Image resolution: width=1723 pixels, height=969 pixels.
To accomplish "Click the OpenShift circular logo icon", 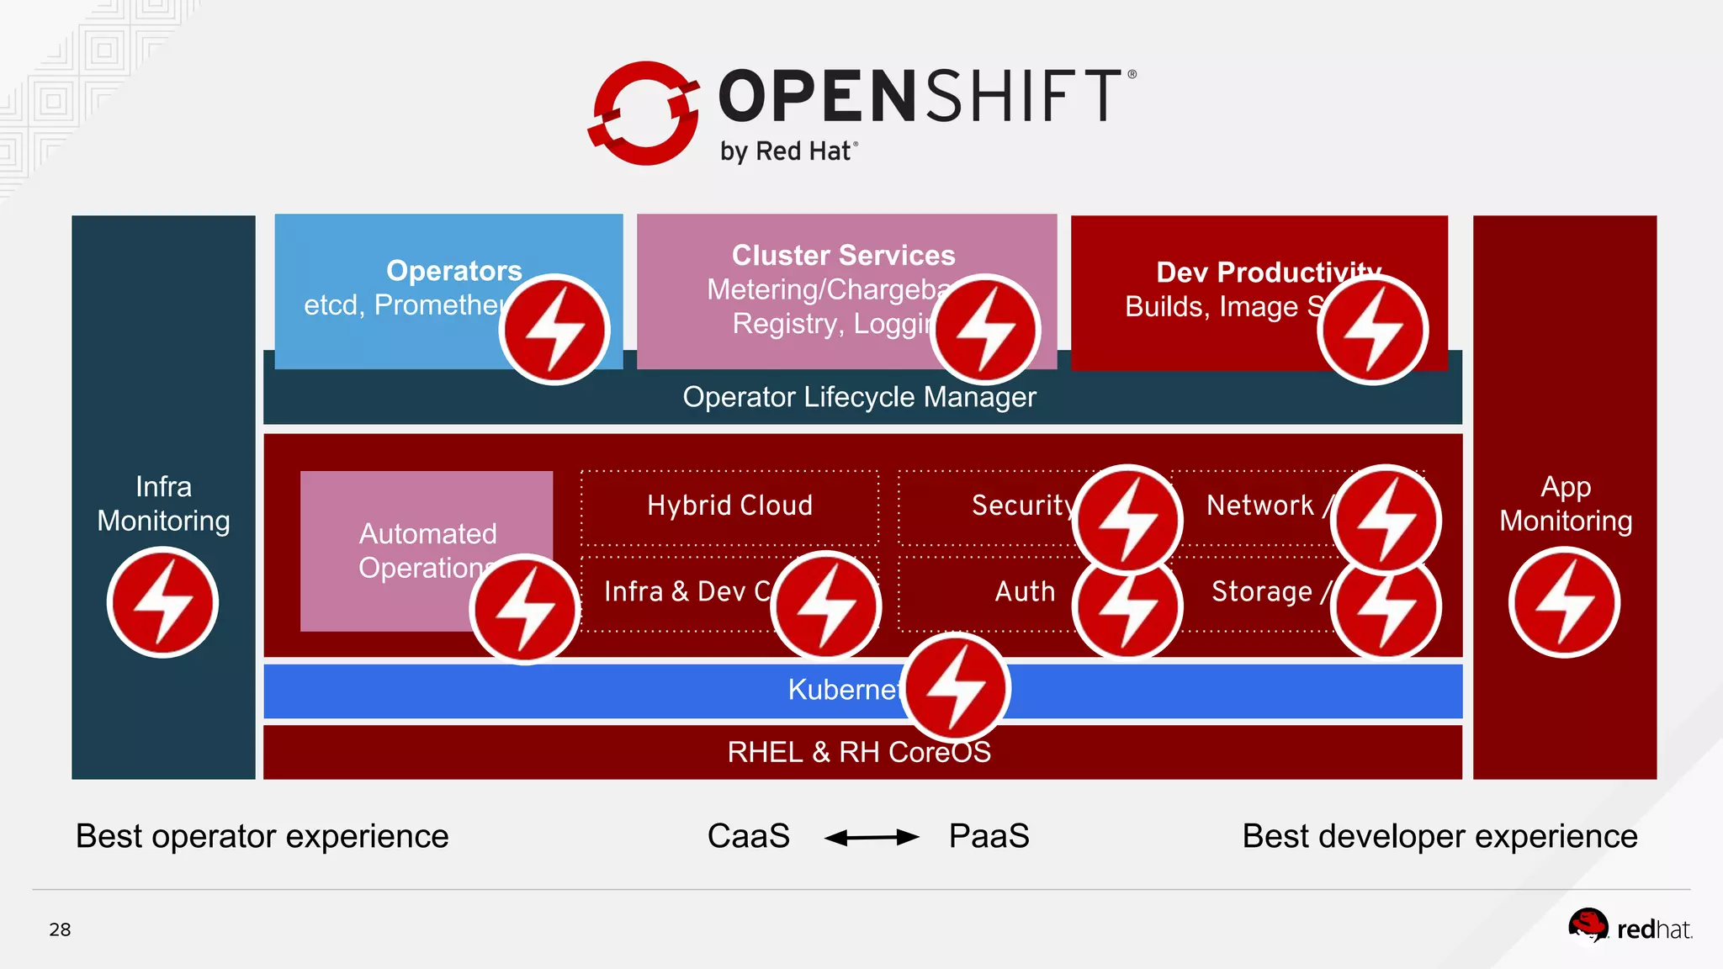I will coord(644,114).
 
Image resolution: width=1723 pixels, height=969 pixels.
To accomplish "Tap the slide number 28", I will coord(60,929).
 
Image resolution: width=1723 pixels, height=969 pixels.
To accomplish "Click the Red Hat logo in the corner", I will coord(1629,928).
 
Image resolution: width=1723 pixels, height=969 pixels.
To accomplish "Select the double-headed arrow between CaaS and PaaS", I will coord(871,837).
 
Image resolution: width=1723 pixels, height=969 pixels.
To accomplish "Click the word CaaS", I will coord(748,836).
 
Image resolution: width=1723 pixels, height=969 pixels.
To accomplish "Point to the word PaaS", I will coord(989,836).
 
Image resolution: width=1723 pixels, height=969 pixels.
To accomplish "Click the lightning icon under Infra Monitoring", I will coord(162,602).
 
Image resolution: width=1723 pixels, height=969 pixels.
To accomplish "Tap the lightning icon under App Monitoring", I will coord(1564,602).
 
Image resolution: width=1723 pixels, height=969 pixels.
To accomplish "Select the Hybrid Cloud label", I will coord(729,506).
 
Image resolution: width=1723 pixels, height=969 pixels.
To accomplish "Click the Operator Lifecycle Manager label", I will coord(859,397).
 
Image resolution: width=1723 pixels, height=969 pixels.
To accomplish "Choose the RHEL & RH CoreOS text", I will coord(859,752).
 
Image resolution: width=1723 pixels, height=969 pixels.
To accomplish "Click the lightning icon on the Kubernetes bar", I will coord(956,688).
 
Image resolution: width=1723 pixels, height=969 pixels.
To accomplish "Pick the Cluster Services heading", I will coord(843,255).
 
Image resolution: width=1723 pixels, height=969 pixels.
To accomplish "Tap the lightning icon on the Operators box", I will coord(554,329).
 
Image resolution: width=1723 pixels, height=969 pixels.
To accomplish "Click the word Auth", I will coord(1025,591).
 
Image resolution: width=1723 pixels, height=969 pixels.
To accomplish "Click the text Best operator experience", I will coord(262,836).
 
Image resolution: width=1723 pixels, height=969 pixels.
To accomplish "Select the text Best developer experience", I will coord(1439,836).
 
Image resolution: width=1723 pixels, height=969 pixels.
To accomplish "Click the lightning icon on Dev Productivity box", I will coord(1372,330).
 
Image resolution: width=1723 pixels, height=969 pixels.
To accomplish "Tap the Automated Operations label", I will coord(427,551).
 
